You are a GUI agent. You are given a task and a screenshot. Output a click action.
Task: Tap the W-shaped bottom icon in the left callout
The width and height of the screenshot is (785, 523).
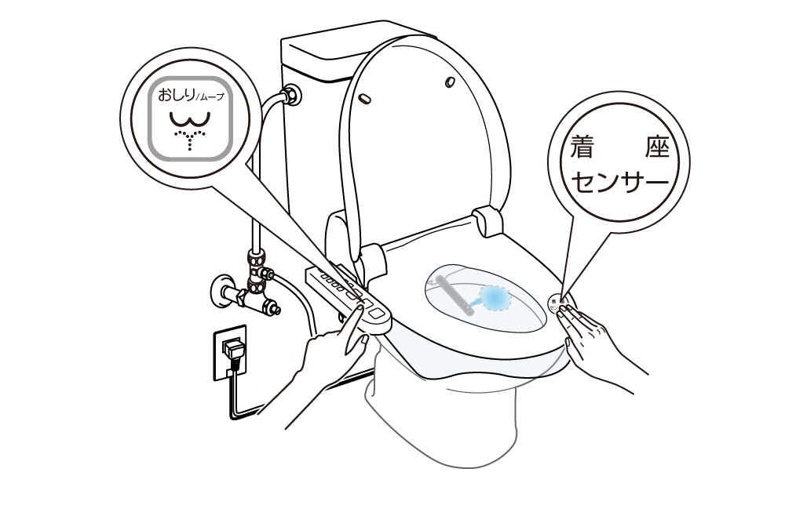(192, 119)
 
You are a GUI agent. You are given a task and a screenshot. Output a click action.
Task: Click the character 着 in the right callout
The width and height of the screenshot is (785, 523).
(582, 148)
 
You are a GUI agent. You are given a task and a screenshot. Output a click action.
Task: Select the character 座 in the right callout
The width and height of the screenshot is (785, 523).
(656, 148)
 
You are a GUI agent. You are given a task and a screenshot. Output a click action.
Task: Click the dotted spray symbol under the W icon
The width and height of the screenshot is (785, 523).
(192, 139)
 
